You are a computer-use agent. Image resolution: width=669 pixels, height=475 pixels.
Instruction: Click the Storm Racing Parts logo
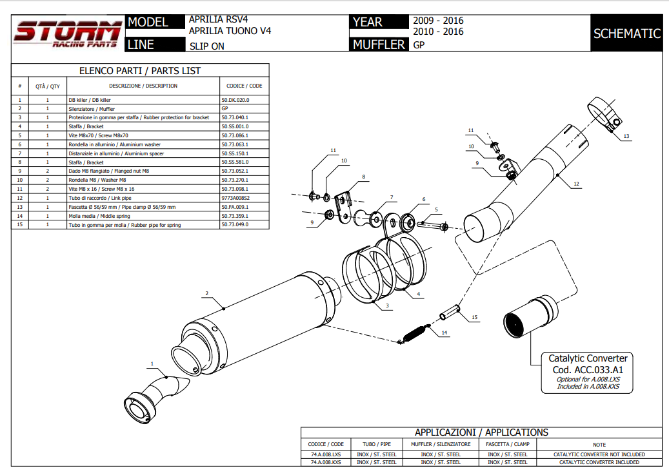tap(68, 34)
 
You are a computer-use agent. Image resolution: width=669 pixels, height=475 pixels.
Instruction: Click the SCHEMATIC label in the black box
tap(626, 34)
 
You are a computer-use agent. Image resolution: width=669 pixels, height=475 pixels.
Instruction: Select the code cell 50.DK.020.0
tap(235, 100)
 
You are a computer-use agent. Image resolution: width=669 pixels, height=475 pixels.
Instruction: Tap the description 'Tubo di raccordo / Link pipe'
tap(99, 198)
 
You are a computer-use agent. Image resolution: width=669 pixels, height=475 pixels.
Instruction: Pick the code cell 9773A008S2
tap(235, 198)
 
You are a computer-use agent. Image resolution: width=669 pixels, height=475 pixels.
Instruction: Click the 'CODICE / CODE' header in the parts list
tap(244, 86)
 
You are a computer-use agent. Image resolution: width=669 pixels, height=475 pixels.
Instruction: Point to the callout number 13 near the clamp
tap(626, 137)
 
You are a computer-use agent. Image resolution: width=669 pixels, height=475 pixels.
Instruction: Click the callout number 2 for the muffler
tap(206, 294)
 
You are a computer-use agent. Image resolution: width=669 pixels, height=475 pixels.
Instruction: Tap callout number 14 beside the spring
tap(444, 333)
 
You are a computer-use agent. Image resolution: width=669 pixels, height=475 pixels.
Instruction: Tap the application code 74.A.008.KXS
tap(325, 462)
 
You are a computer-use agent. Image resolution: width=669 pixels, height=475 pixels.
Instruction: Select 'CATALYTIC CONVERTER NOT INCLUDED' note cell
tap(599, 454)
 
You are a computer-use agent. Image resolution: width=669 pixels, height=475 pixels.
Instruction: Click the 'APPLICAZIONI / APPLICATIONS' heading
tap(481, 432)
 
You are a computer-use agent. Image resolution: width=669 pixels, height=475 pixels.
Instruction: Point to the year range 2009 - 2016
tap(438, 21)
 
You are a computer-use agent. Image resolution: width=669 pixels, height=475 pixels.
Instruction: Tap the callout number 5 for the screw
tap(436, 210)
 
